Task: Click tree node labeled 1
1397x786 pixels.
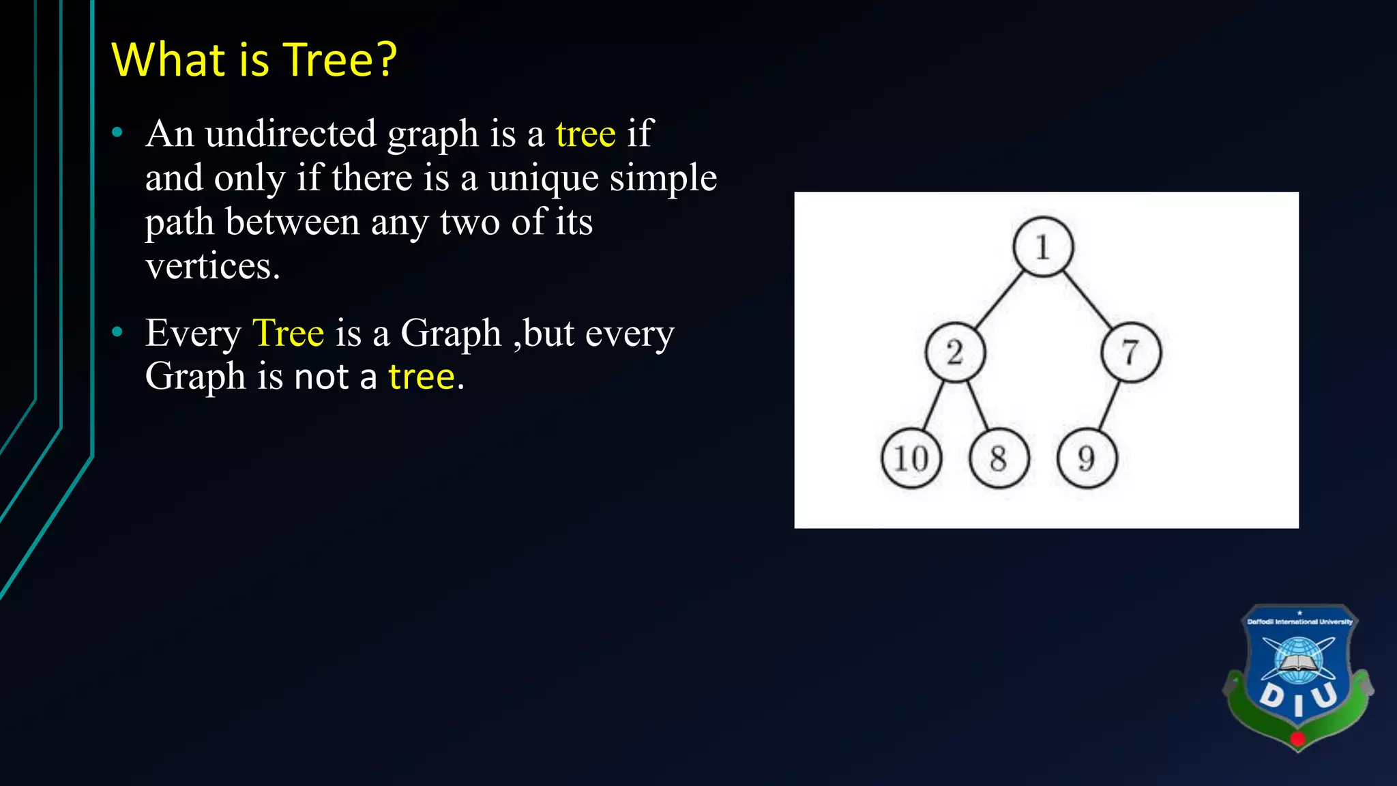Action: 1042,247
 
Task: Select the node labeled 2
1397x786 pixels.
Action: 955,352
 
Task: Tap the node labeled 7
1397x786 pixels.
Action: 1131,352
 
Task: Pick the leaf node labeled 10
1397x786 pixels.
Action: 911,458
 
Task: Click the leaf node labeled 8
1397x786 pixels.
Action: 999,458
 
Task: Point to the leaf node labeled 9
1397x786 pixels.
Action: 1087,458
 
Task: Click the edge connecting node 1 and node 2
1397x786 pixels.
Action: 999,300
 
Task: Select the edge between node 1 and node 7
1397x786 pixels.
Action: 1087,300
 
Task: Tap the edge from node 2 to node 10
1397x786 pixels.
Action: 933,406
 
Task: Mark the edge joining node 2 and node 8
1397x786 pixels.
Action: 977,406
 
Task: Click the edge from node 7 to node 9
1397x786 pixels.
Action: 1109,406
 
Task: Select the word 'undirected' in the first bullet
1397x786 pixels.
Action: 290,133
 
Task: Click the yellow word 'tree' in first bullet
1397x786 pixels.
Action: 585,133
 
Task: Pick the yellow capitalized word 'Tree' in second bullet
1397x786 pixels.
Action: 288,333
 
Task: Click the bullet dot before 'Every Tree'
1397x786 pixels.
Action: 117,332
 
